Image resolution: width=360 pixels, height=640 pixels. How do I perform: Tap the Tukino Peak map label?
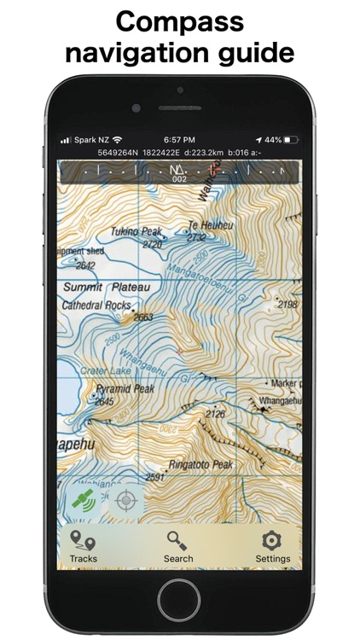pyautogui.click(x=136, y=231)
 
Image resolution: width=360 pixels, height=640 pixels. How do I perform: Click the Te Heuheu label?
pyautogui.click(x=205, y=226)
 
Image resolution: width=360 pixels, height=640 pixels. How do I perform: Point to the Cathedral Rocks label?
pyautogui.click(x=96, y=304)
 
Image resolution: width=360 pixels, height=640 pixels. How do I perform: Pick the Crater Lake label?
pyautogui.click(x=103, y=370)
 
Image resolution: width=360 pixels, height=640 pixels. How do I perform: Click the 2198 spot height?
pyautogui.click(x=287, y=304)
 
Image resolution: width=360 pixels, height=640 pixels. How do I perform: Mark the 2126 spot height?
pyautogui.click(x=216, y=414)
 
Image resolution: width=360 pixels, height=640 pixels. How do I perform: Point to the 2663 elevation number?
pyautogui.click(x=142, y=317)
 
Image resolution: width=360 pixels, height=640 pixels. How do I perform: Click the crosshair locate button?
pyautogui.click(x=125, y=499)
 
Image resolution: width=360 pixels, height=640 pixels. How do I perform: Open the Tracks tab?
pyautogui.click(x=83, y=545)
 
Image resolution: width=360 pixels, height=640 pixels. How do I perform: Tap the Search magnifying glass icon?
pyautogui.click(x=178, y=540)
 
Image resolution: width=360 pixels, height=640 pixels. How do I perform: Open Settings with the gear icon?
pyautogui.click(x=272, y=540)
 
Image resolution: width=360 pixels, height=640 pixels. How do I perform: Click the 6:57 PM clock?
pyautogui.click(x=179, y=139)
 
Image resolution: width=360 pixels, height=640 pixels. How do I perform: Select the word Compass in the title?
pyautogui.click(x=179, y=20)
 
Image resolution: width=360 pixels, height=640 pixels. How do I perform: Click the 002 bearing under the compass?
pyautogui.click(x=179, y=179)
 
